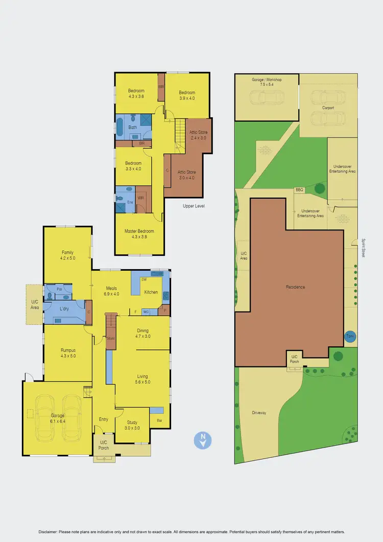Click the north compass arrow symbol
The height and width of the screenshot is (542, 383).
[203, 440]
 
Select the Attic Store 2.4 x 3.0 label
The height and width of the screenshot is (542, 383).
[199, 135]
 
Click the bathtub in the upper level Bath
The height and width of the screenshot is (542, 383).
[120, 127]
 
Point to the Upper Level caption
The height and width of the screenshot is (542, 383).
[194, 206]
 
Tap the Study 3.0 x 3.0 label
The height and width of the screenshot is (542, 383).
[132, 425]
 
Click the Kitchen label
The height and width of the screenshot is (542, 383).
[151, 292]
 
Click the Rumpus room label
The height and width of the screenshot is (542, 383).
[67, 353]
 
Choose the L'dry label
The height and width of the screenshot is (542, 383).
[64, 310]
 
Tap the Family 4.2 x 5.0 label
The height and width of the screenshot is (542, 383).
[67, 255]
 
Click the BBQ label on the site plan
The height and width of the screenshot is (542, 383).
[299, 190]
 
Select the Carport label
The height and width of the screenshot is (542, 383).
[328, 108]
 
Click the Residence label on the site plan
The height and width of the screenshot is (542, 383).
[295, 287]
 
